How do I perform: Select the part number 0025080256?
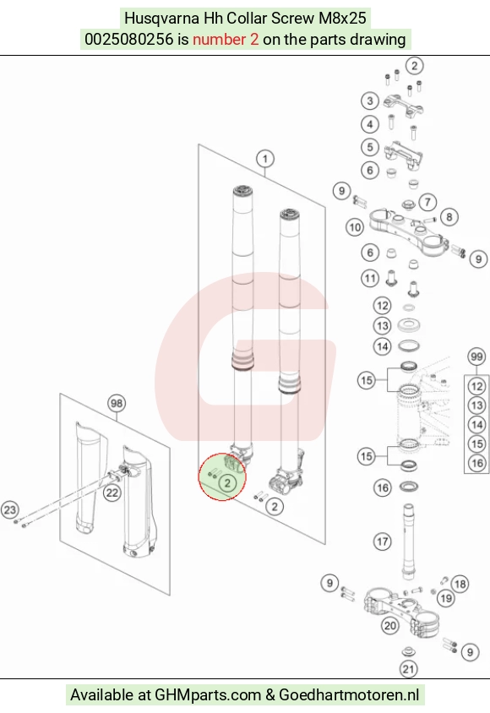129,39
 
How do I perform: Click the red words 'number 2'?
226,39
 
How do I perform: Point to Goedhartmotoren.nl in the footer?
349,694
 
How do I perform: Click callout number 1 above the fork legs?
265,159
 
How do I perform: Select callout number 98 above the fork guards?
117,403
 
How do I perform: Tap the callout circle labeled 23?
10,509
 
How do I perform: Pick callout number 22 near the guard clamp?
112,493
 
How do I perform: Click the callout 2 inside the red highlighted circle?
228,483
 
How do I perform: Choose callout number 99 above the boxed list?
476,357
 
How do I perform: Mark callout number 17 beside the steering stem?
382,542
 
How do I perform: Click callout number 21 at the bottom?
408,669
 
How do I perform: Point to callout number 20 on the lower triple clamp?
390,626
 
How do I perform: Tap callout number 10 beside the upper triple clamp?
355,227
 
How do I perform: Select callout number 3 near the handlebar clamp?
370,101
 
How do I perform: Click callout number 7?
427,202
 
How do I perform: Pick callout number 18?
460,584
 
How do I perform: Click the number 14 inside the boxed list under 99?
476,425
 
